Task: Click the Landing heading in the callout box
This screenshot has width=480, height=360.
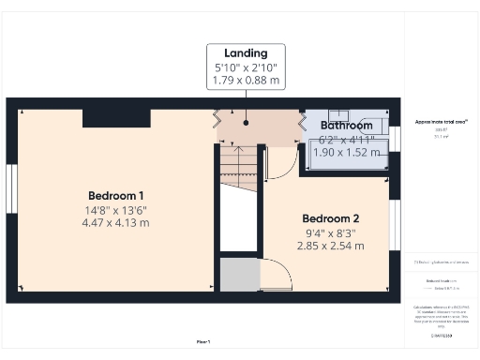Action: [x=246, y=52]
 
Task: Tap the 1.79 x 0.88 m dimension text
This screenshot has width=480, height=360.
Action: [x=246, y=81]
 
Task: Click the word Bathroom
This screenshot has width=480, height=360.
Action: [x=346, y=125]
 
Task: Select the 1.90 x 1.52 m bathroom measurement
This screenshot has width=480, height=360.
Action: [x=348, y=152]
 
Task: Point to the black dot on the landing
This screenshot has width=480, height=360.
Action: [x=246, y=121]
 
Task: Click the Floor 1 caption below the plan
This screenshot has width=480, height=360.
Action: [x=202, y=341]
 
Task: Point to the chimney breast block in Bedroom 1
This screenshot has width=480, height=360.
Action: [x=116, y=117]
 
